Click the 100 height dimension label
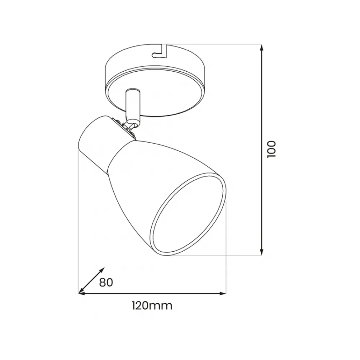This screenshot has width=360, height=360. coord(271,149)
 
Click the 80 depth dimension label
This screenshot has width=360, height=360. coord(106,282)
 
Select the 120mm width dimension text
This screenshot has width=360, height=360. coord(152,306)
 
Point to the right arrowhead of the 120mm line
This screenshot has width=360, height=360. coord(223,293)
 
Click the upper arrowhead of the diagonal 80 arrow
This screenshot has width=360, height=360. coord(102,270)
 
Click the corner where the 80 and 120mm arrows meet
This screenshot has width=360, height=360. coord(79,293)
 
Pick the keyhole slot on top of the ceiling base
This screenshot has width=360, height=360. coord(159,51)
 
